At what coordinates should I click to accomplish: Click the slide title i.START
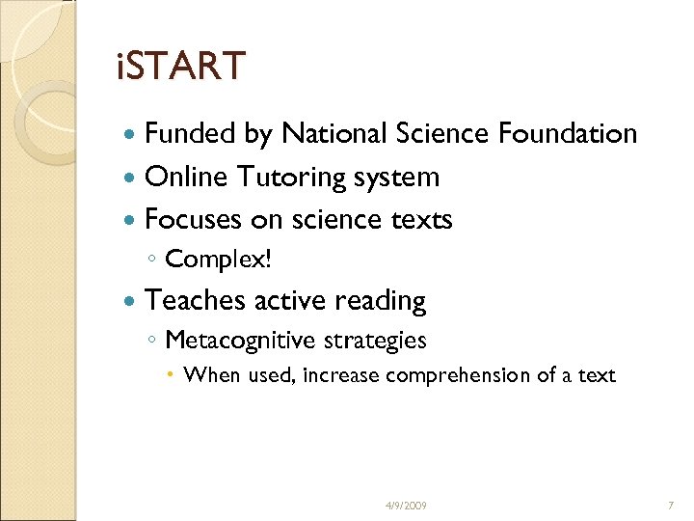click(180, 67)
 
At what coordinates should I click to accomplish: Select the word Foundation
click(568, 133)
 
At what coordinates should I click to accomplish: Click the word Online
click(184, 177)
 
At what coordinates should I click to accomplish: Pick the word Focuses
click(193, 220)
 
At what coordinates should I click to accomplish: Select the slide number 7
click(670, 506)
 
